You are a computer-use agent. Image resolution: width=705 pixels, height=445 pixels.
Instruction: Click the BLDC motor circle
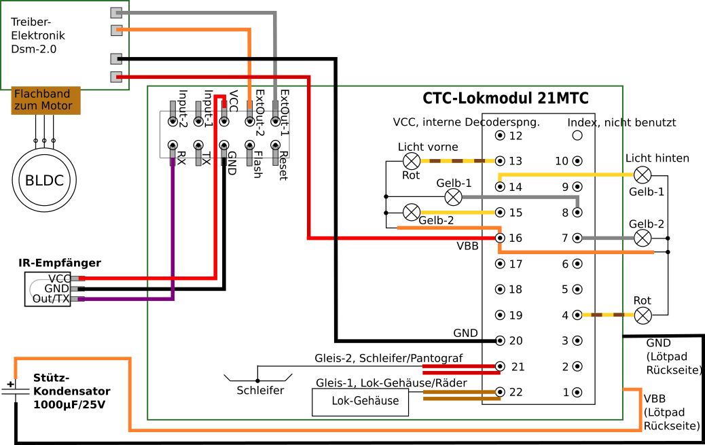point(44,181)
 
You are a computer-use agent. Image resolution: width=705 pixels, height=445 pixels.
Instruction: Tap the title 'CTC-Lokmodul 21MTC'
point(505,99)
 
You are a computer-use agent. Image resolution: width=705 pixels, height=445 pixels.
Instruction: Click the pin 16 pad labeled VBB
point(501,238)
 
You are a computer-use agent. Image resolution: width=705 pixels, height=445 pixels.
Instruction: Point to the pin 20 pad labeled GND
point(501,340)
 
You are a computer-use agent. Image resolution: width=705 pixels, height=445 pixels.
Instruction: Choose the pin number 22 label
point(517,392)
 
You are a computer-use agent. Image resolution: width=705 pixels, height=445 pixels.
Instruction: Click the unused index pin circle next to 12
point(577,135)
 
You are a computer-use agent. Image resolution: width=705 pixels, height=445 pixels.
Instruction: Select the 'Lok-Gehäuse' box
point(361,402)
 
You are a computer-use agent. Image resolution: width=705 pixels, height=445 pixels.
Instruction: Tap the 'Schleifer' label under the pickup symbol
point(260,391)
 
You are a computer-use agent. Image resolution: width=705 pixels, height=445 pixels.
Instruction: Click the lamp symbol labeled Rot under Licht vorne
point(411,161)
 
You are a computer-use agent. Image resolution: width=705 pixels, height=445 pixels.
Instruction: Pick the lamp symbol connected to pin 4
point(642,315)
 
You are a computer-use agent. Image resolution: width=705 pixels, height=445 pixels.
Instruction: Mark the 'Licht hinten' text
point(657,158)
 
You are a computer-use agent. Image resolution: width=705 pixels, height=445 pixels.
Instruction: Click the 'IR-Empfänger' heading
point(60,263)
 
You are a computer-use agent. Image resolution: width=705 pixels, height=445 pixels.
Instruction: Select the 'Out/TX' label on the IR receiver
point(50,299)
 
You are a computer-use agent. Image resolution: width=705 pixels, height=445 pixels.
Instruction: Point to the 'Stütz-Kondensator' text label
point(71,391)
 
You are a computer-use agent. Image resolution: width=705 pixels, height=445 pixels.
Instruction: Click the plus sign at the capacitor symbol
point(10,385)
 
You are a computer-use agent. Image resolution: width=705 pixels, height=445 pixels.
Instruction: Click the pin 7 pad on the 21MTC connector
point(577,238)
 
